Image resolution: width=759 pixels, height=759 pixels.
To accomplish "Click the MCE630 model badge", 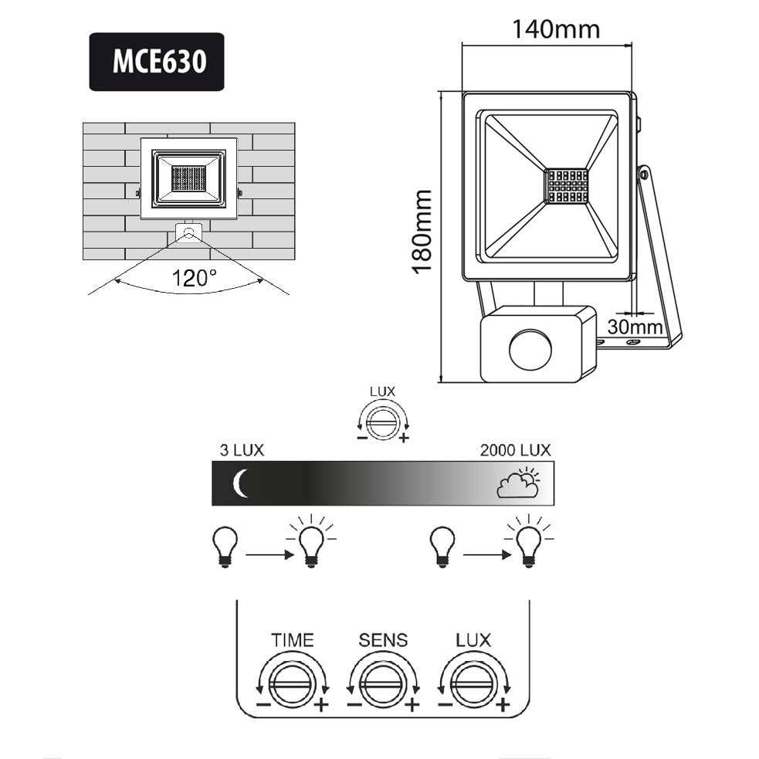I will tap(157, 62).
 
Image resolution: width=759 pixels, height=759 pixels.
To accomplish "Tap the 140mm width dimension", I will tap(555, 29).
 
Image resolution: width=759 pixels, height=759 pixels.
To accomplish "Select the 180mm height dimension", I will tap(422, 231).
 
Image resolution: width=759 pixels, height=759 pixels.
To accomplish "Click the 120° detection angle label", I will tap(194, 278).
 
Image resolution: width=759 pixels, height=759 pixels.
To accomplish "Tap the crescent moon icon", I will tap(241, 484).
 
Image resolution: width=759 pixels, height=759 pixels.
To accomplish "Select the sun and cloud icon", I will tap(518, 483).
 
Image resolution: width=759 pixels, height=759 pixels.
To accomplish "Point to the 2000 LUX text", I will tap(515, 451).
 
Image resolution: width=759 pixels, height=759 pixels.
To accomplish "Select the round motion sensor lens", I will tap(530, 349).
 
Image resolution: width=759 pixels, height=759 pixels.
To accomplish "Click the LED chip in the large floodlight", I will tap(566, 186).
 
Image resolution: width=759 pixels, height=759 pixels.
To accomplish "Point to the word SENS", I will tap(383, 640).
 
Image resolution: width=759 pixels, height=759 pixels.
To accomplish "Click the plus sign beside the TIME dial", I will tap(322, 704).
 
